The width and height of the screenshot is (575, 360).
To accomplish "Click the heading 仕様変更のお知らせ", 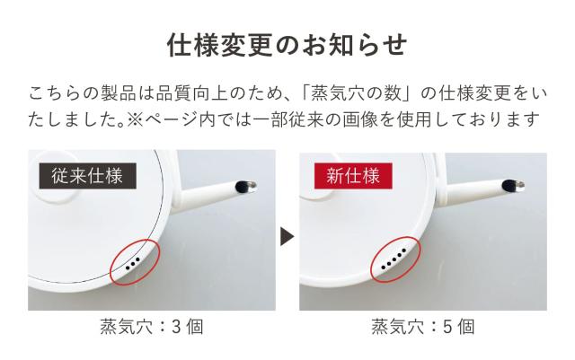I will [287, 44].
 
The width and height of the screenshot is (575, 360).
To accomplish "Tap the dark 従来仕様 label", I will [87, 174].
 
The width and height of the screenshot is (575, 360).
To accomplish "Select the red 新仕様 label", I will [353, 174].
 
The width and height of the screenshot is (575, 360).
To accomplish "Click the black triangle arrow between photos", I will [287, 236].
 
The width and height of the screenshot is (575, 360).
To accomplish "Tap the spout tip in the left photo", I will [243, 187].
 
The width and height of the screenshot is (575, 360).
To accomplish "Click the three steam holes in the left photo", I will [133, 263].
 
